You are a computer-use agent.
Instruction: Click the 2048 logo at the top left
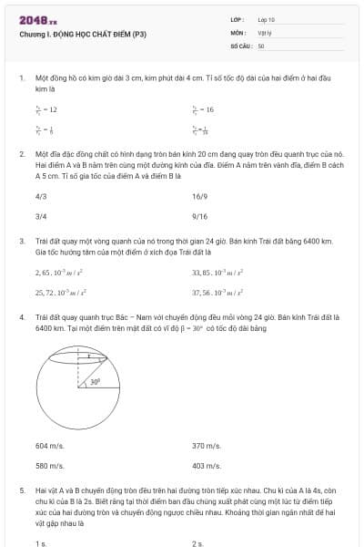pos(37,19)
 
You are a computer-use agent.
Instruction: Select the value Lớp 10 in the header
pos(267,19)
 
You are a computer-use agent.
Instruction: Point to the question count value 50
pos(261,45)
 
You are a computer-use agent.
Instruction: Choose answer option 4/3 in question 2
pos(41,196)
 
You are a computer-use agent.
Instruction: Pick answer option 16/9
pos(200,196)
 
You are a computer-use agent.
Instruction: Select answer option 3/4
pos(41,217)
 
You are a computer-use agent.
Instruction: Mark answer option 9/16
pos(200,217)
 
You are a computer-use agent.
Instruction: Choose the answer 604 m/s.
pos(49,446)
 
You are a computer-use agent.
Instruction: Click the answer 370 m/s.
pos(206,446)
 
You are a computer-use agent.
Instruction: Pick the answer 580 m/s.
pos(49,466)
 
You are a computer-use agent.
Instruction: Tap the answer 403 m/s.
pos(206,466)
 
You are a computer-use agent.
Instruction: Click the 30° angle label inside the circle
pos(95,383)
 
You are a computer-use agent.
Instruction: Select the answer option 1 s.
pos(41,543)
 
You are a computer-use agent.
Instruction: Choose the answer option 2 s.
pos(197,543)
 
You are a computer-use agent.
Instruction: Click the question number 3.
pos(22,241)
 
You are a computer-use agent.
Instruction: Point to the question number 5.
pos(22,490)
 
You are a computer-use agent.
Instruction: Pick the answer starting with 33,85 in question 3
pos(215,273)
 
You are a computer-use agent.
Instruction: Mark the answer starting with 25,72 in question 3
pos(60,293)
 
